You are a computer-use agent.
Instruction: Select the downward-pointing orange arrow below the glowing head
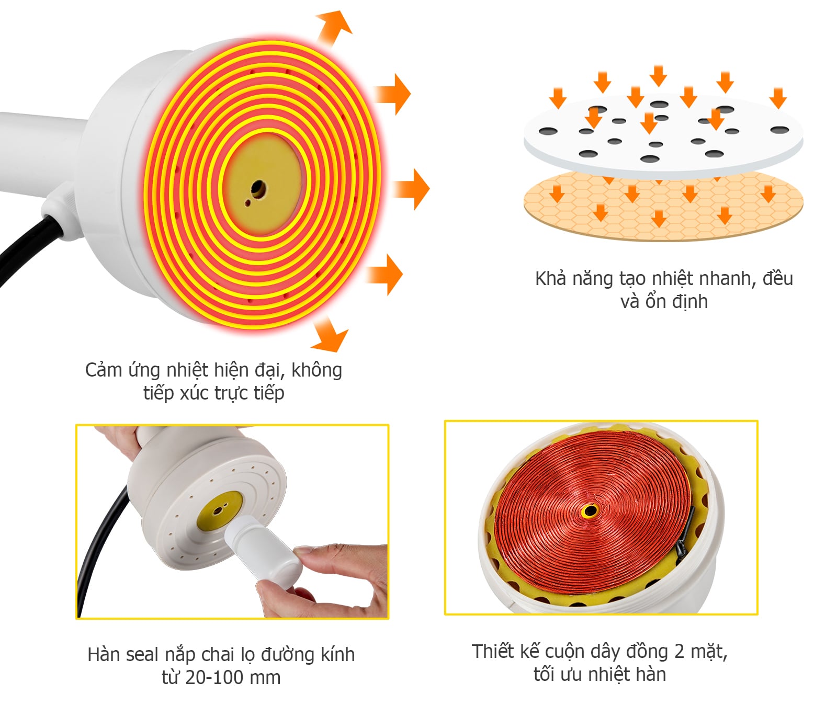(330, 335)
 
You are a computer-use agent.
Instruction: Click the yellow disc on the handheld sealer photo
(220, 509)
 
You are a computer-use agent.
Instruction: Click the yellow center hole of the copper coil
(590, 510)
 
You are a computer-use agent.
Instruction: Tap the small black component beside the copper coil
(683, 539)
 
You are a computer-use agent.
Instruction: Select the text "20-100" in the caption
(214, 678)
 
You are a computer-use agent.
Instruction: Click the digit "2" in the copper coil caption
(679, 652)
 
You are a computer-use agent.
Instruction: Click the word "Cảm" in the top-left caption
(103, 370)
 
